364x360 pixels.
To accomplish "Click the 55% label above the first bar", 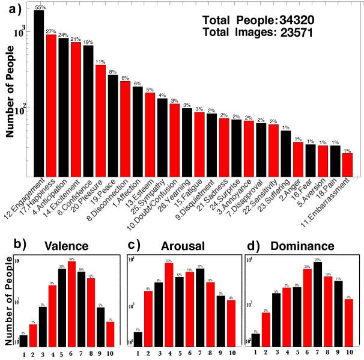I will click(x=40, y=7).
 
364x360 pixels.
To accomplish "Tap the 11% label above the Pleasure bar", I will click(x=100, y=62).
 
